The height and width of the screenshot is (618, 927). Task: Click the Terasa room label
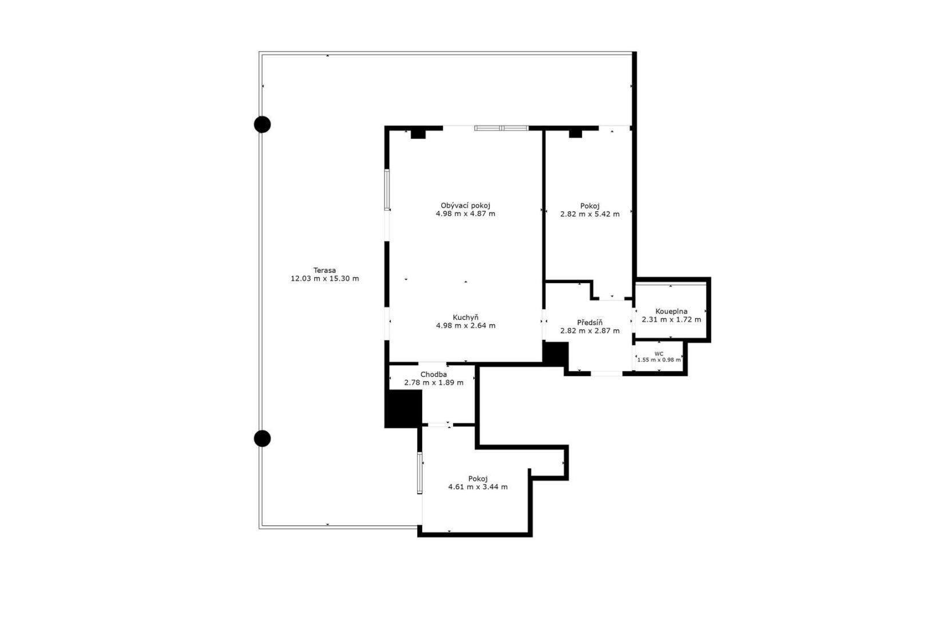(x=324, y=270)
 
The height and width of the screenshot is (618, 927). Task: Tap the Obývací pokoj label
(x=465, y=206)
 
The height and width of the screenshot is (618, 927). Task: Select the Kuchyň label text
(x=466, y=318)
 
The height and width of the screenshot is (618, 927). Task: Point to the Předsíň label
(x=590, y=323)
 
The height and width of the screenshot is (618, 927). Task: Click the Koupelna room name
(x=671, y=312)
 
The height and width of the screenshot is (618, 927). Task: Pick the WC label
(x=659, y=354)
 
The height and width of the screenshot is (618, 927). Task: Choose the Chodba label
(x=434, y=375)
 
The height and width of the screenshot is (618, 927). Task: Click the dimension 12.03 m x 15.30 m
(x=324, y=279)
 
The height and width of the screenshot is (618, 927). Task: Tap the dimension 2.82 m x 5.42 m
(x=590, y=215)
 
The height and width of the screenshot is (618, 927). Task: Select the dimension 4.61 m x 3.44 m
(x=478, y=487)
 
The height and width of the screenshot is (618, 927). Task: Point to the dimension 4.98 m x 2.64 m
(x=466, y=326)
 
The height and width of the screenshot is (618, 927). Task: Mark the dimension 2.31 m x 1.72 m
(x=671, y=319)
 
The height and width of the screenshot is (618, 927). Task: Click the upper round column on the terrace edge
(x=263, y=125)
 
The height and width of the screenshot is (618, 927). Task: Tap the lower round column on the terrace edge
(x=263, y=438)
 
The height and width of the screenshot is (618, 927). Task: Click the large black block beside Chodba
(x=403, y=409)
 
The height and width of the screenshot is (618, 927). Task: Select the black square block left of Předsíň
(x=556, y=354)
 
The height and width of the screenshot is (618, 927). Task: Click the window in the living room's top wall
(x=501, y=128)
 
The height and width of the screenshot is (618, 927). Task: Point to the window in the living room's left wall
(x=387, y=190)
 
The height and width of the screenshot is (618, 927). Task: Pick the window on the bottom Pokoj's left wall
(x=419, y=473)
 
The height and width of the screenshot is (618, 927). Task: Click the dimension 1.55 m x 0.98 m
(x=659, y=360)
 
